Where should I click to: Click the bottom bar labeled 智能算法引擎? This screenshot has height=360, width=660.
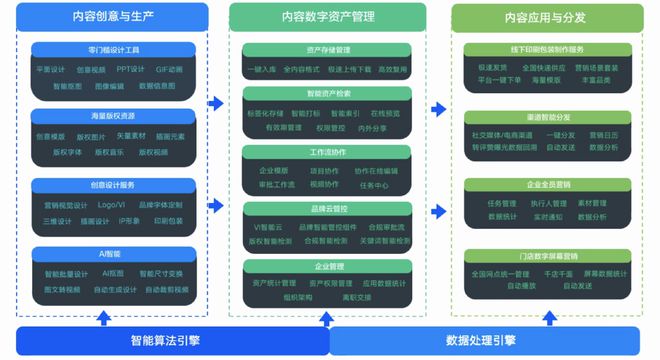tap(172, 340)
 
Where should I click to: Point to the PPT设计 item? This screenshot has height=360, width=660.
tap(130, 70)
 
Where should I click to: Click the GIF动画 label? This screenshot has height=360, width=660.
tap(169, 70)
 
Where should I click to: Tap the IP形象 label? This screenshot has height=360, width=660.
tap(130, 221)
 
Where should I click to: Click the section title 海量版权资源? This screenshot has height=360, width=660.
tap(111, 117)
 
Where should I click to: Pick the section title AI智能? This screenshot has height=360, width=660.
tap(111, 255)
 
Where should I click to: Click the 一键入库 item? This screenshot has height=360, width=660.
tap(261, 69)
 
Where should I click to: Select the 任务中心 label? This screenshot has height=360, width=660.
tap(374, 185)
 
